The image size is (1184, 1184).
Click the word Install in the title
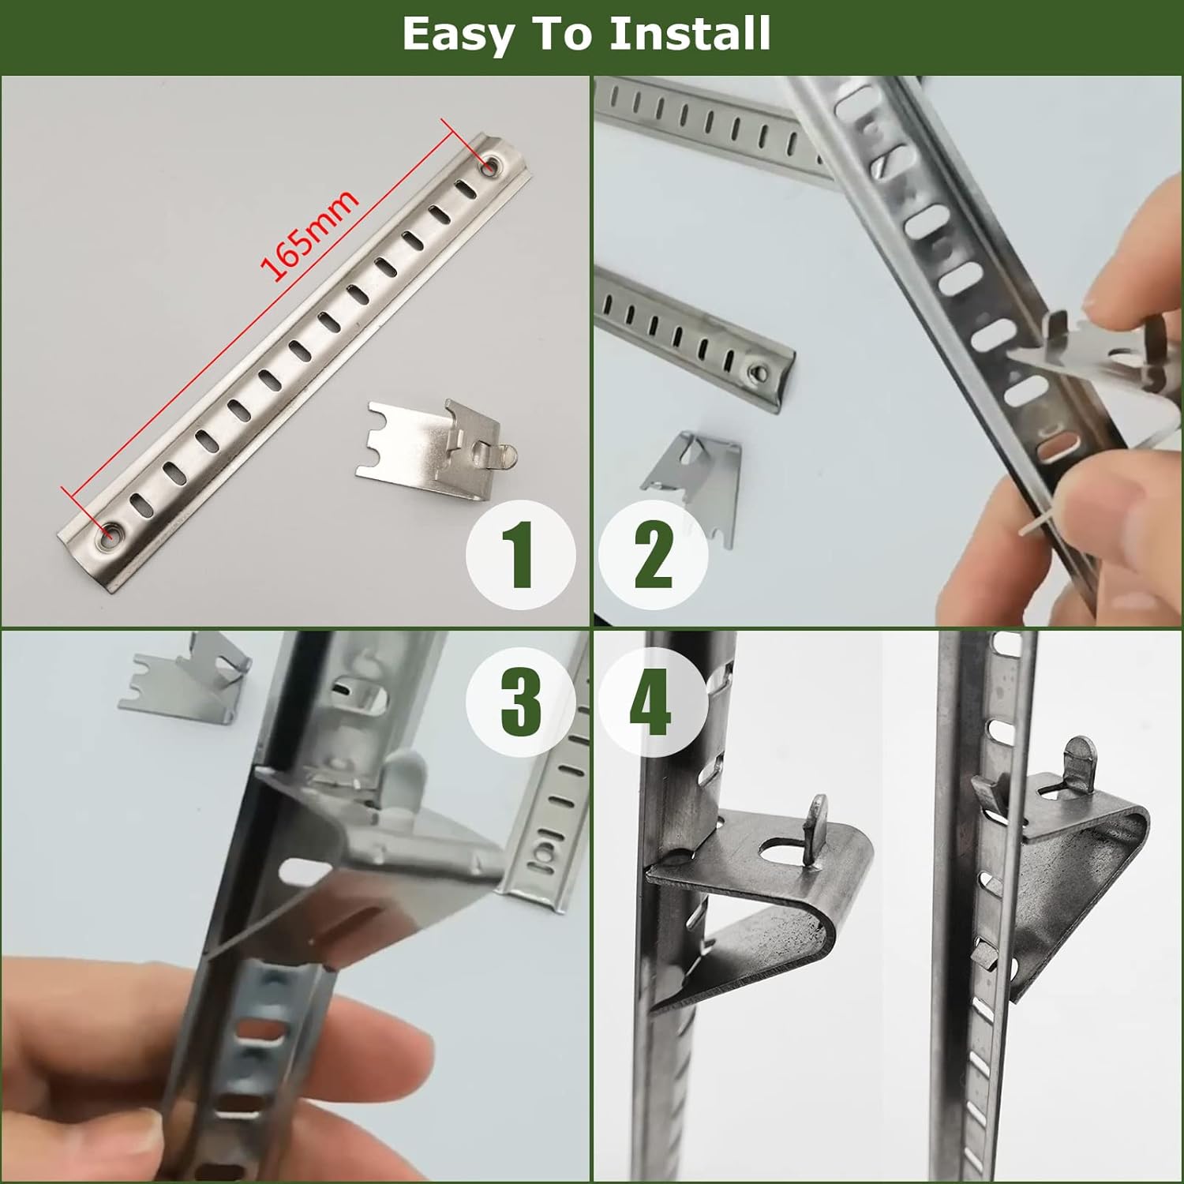[x=690, y=34]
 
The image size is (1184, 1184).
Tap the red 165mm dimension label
[x=309, y=235]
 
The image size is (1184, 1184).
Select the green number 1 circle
[x=519, y=555]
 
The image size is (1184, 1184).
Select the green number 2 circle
[x=653, y=555]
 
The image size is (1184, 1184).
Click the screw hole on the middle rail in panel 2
[x=759, y=369]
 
